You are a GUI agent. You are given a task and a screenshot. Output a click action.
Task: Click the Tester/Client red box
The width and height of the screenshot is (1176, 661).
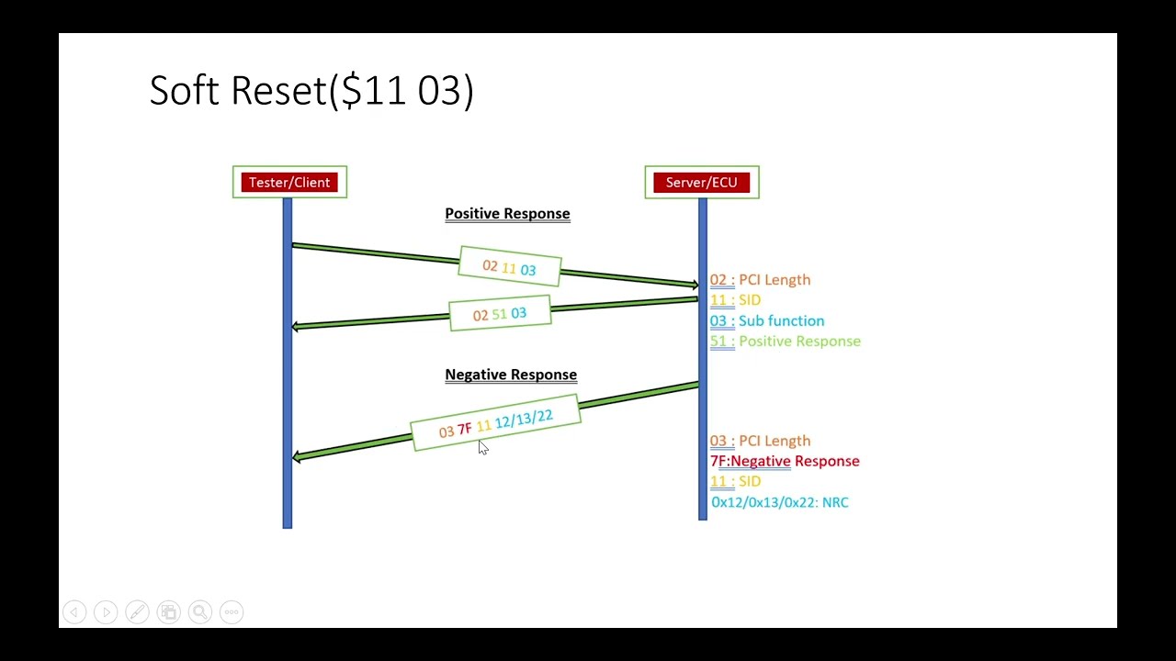(289, 183)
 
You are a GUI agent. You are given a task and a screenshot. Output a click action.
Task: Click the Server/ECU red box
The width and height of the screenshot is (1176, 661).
(701, 183)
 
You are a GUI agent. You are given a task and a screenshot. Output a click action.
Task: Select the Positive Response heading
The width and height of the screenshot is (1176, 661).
(507, 214)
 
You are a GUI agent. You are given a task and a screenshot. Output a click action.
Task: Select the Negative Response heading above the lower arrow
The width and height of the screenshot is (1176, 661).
(511, 375)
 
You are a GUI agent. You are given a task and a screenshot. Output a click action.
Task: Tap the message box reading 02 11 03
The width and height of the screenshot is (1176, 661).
(509, 267)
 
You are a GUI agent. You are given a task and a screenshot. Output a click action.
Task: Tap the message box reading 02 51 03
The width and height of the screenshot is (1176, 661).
(500, 314)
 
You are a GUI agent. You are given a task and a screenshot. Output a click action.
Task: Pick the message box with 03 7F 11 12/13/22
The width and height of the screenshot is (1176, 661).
(495, 423)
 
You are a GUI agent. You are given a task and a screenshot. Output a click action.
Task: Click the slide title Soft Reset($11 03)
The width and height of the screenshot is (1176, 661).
(311, 91)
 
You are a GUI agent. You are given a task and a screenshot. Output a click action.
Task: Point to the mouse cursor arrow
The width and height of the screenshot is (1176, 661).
(483, 447)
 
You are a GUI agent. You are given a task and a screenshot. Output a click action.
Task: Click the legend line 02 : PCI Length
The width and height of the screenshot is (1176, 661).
(760, 280)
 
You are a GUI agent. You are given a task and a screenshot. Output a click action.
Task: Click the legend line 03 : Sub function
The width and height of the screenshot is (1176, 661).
(767, 320)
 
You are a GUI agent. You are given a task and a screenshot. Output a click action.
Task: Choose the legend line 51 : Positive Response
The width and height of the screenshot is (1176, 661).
(786, 341)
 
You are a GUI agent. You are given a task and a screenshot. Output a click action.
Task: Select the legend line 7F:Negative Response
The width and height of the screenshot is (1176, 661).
(785, 461)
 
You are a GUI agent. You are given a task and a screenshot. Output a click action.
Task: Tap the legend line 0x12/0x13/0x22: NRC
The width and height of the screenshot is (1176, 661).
(780, 502)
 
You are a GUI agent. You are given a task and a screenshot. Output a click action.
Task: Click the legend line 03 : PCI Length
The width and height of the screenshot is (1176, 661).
(760, 441)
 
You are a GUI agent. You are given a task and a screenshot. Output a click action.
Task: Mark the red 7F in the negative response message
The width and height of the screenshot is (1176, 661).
(464, 429)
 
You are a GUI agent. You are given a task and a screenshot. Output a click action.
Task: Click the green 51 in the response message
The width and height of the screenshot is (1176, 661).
(499, 314)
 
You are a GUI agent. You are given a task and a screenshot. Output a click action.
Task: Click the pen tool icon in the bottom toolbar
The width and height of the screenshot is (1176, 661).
(137, 611)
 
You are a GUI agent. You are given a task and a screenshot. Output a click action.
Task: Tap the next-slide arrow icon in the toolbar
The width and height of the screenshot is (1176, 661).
(106, 611)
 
